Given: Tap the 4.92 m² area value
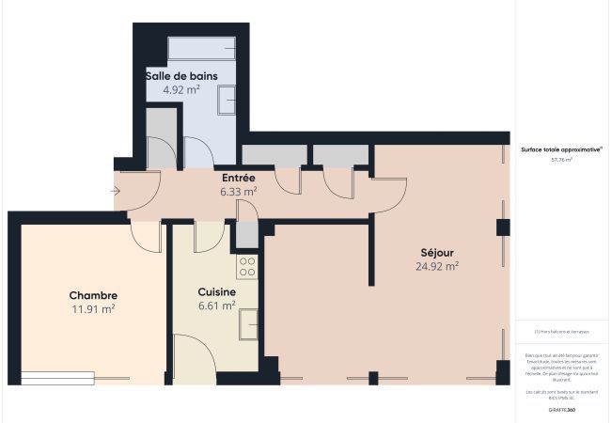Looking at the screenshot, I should [180, 90].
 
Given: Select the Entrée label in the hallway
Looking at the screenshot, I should [238, 177].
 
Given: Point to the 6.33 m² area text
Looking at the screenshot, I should [238, 191].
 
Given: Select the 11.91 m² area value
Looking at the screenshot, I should [93, 308].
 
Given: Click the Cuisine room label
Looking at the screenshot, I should [216, 292].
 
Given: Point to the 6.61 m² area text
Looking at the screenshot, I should [216, 305].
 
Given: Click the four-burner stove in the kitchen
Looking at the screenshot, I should [247, 266].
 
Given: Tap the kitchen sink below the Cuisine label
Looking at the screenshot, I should [248, 322].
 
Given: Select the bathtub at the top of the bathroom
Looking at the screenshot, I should [201, 48].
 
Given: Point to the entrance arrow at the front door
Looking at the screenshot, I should [115, 192].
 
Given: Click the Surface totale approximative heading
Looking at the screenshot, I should [561, 149].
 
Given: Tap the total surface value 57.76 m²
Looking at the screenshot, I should [561, 160].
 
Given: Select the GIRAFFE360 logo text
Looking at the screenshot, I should [561, 410].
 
